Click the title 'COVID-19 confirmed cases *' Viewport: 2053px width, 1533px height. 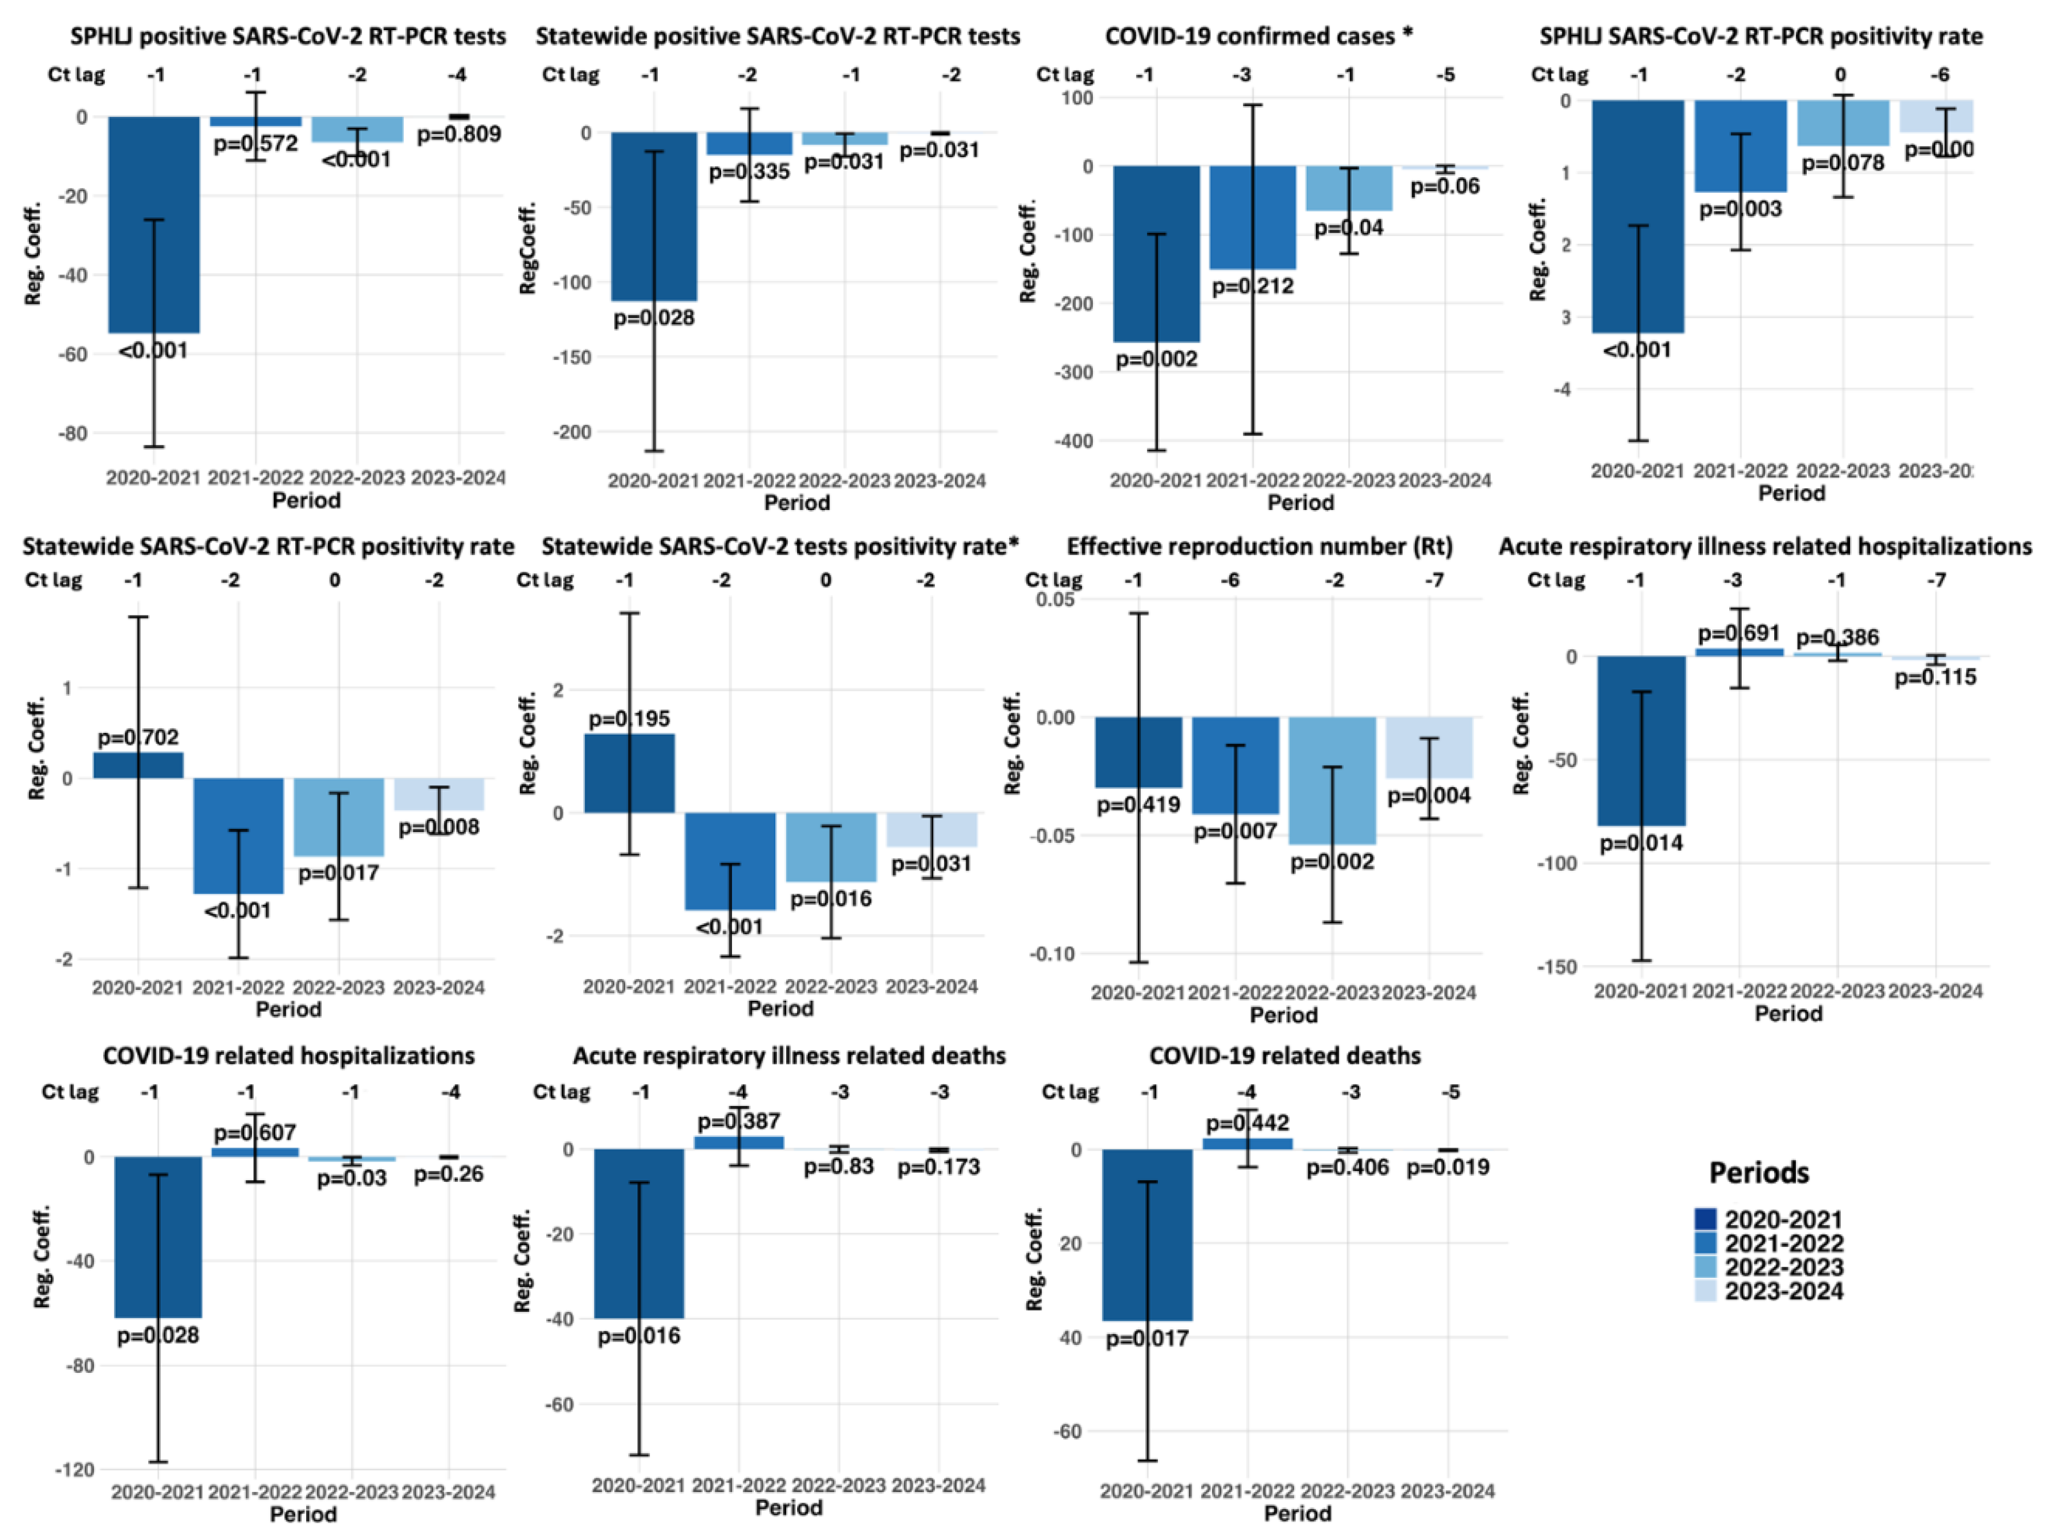[x=1258, y=36]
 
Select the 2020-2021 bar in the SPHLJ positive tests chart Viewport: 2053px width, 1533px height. [x=154, y=223]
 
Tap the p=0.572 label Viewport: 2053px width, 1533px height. [x=255, y=144]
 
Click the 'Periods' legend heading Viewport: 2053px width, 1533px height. [x=1759, y=1173]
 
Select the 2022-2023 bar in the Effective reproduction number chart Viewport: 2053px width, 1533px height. [x=1332, y=780]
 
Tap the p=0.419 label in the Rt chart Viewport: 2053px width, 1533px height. [x=1138, y=805]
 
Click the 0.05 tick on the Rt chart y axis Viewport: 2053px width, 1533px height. [x=1055, y=600]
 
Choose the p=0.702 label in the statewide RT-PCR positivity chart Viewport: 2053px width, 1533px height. [x=139, y=738]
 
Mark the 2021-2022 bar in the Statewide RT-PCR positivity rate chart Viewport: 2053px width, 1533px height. [x=238, y=835]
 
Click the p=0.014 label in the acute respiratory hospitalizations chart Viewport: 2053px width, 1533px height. [x=1641, y=843]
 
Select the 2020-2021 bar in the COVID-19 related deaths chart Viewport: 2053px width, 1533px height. [x=1147, y=1234]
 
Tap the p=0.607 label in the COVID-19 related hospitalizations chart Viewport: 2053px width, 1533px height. [x=255, y=1133]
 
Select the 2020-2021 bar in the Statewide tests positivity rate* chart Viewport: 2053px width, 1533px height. [x=629, y=773]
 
